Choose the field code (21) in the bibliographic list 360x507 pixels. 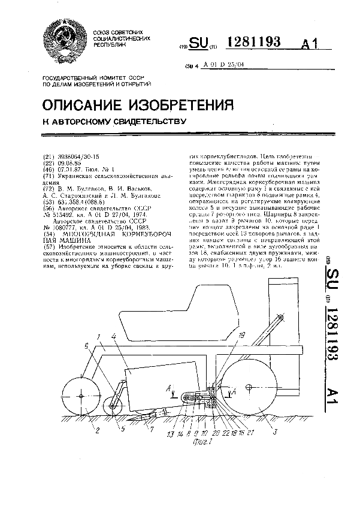[x=50, y=155]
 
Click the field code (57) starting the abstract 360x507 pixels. [x=50, y=231]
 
